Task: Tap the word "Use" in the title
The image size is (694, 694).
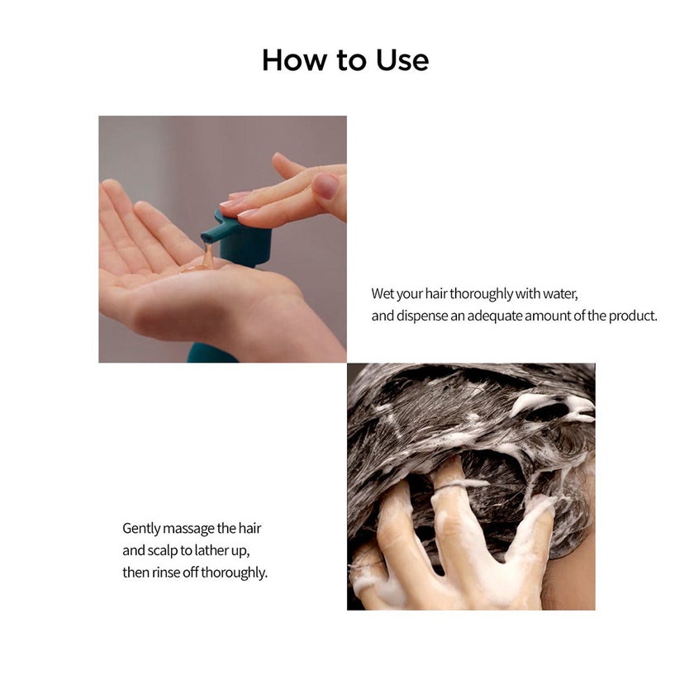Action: [402, 60]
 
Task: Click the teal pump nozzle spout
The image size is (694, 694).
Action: [214, 231]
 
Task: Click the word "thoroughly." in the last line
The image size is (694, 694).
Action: [234, 573]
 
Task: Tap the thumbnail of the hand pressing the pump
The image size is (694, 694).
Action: [222, 239]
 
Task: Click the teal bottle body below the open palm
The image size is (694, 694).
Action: [212, 353]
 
